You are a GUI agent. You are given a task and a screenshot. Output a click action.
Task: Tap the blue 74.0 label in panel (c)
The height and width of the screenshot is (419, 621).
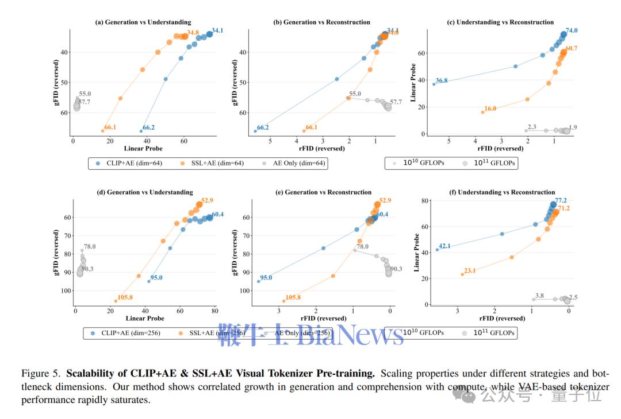[572, 30]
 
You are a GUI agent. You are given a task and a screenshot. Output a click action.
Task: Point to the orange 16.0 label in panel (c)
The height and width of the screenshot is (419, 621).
[490, 108]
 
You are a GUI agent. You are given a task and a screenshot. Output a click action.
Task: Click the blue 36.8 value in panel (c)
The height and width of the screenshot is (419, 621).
[442, 80]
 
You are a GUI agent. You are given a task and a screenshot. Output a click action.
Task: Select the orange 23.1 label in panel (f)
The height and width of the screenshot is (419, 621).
[470, 270]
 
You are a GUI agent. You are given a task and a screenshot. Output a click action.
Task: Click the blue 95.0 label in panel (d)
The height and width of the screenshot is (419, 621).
[156, 278]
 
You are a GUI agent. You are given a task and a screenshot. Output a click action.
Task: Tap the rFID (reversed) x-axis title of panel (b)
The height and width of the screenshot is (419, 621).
[321, 149]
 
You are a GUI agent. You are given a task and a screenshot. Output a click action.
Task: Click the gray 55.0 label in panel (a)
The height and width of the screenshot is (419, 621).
[85, 94]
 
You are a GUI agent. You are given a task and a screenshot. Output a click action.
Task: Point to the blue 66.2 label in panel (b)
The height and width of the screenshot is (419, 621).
[263, 127]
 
